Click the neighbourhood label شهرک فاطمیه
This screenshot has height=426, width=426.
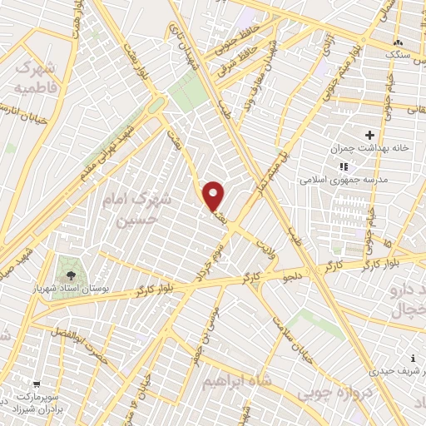coord(34,76)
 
